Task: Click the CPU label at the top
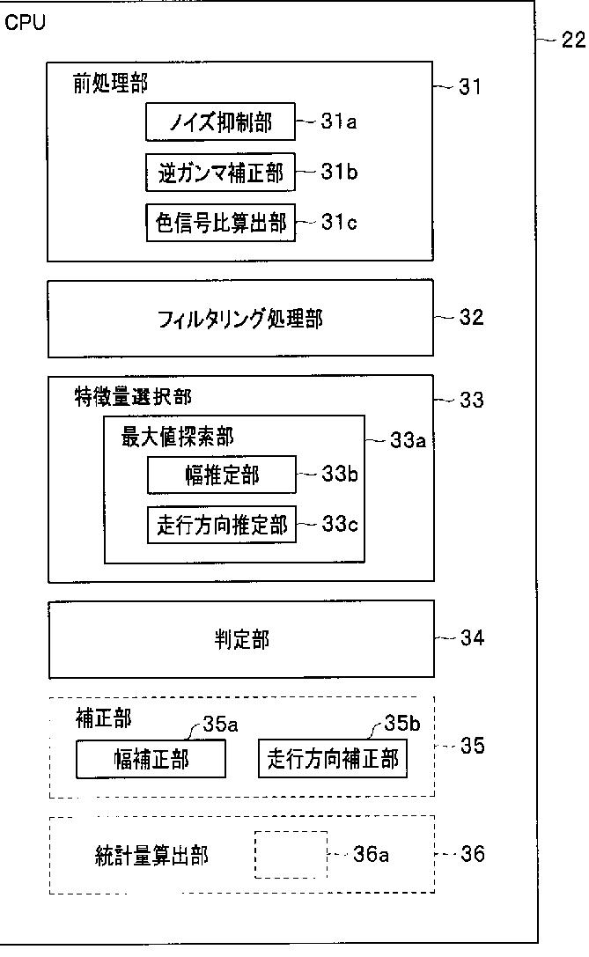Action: click(25, 22)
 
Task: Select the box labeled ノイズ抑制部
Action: click(221, 122)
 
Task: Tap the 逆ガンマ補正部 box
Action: click(221, 173)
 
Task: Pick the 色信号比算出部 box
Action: click(221, 223)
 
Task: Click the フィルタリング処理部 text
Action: click(240, 319)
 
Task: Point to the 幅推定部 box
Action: click(221, 475)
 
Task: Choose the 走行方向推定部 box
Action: click(221, 526)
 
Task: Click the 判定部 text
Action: click(241, 639)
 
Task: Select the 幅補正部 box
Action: click(151, 759)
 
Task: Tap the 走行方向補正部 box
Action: click(332, 759)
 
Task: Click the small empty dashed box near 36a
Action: click(291, 854)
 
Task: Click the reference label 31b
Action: click(339, 172)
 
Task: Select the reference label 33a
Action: click(408, 439)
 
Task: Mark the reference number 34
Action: click(472, 638)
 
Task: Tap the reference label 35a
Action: click(220, 724)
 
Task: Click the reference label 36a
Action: click(371, 854)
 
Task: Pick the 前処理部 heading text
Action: click(111, 84)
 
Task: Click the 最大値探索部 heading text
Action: click(178, 437)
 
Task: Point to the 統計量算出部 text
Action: click(151, 855)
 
